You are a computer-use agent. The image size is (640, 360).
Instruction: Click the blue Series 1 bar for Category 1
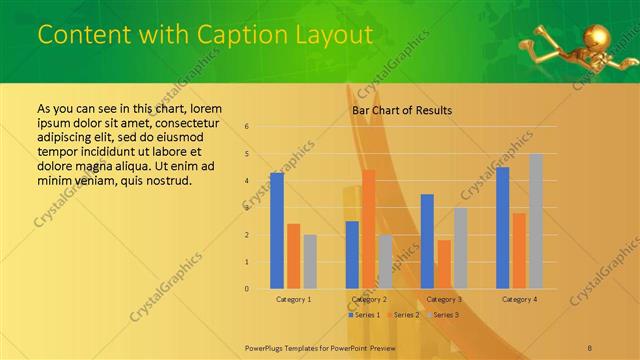click(276, 231)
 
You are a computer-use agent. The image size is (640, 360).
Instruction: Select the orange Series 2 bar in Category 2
click(368, 229)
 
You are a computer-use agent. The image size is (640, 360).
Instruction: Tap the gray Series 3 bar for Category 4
click(536, 221)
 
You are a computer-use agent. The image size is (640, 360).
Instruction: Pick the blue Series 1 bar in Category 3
click(427, 241)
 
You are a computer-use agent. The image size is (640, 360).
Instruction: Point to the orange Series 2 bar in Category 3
click(443, 264)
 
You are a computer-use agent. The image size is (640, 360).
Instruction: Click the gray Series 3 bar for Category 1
click(310, 262)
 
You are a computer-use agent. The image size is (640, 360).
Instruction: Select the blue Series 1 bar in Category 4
click(502, 228)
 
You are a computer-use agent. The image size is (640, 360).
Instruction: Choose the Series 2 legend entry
click(402, 315)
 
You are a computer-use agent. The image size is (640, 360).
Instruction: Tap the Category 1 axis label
click(293, 299)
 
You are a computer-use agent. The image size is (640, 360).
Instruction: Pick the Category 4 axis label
click(519, 299)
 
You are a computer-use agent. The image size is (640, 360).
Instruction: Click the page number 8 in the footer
click(590, 347)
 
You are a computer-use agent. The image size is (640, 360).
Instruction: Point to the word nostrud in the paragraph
click(162, 181)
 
